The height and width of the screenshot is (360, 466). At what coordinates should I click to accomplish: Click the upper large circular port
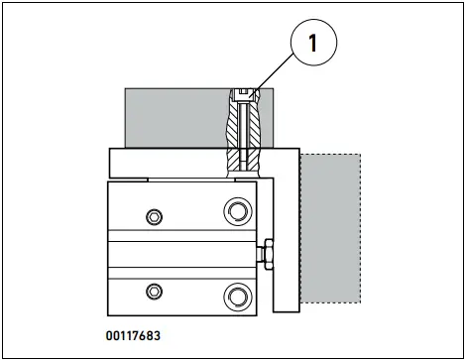[x=237, y=209]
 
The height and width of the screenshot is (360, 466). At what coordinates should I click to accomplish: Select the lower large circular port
[x=237, y=296]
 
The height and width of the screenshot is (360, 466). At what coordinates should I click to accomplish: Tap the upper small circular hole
[x=152, y=217]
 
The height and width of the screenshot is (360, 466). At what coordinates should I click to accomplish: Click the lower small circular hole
[x=152, y=290]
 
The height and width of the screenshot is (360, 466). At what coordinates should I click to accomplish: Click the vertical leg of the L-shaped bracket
[x=286, y=238]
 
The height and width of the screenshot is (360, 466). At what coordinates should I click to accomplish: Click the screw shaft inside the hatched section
[x=244, y=129]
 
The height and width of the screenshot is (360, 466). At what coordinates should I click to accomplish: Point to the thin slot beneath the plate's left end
[x=128, y=180]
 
